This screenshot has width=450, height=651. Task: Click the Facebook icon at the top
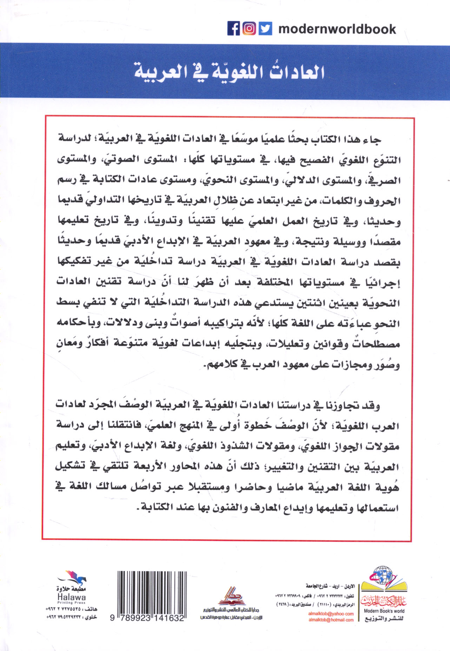233,28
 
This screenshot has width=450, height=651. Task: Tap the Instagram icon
249,28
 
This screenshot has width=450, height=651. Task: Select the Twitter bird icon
265,28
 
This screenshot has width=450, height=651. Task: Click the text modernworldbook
337,29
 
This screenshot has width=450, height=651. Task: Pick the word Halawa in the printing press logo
71,597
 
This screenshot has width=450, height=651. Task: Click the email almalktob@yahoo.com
331,613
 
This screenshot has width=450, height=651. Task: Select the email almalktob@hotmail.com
331,620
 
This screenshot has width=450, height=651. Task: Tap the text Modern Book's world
384,611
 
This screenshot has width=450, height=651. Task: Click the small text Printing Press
71,602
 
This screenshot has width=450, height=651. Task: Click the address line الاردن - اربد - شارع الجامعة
330,586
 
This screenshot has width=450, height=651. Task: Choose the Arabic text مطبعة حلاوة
71,589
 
